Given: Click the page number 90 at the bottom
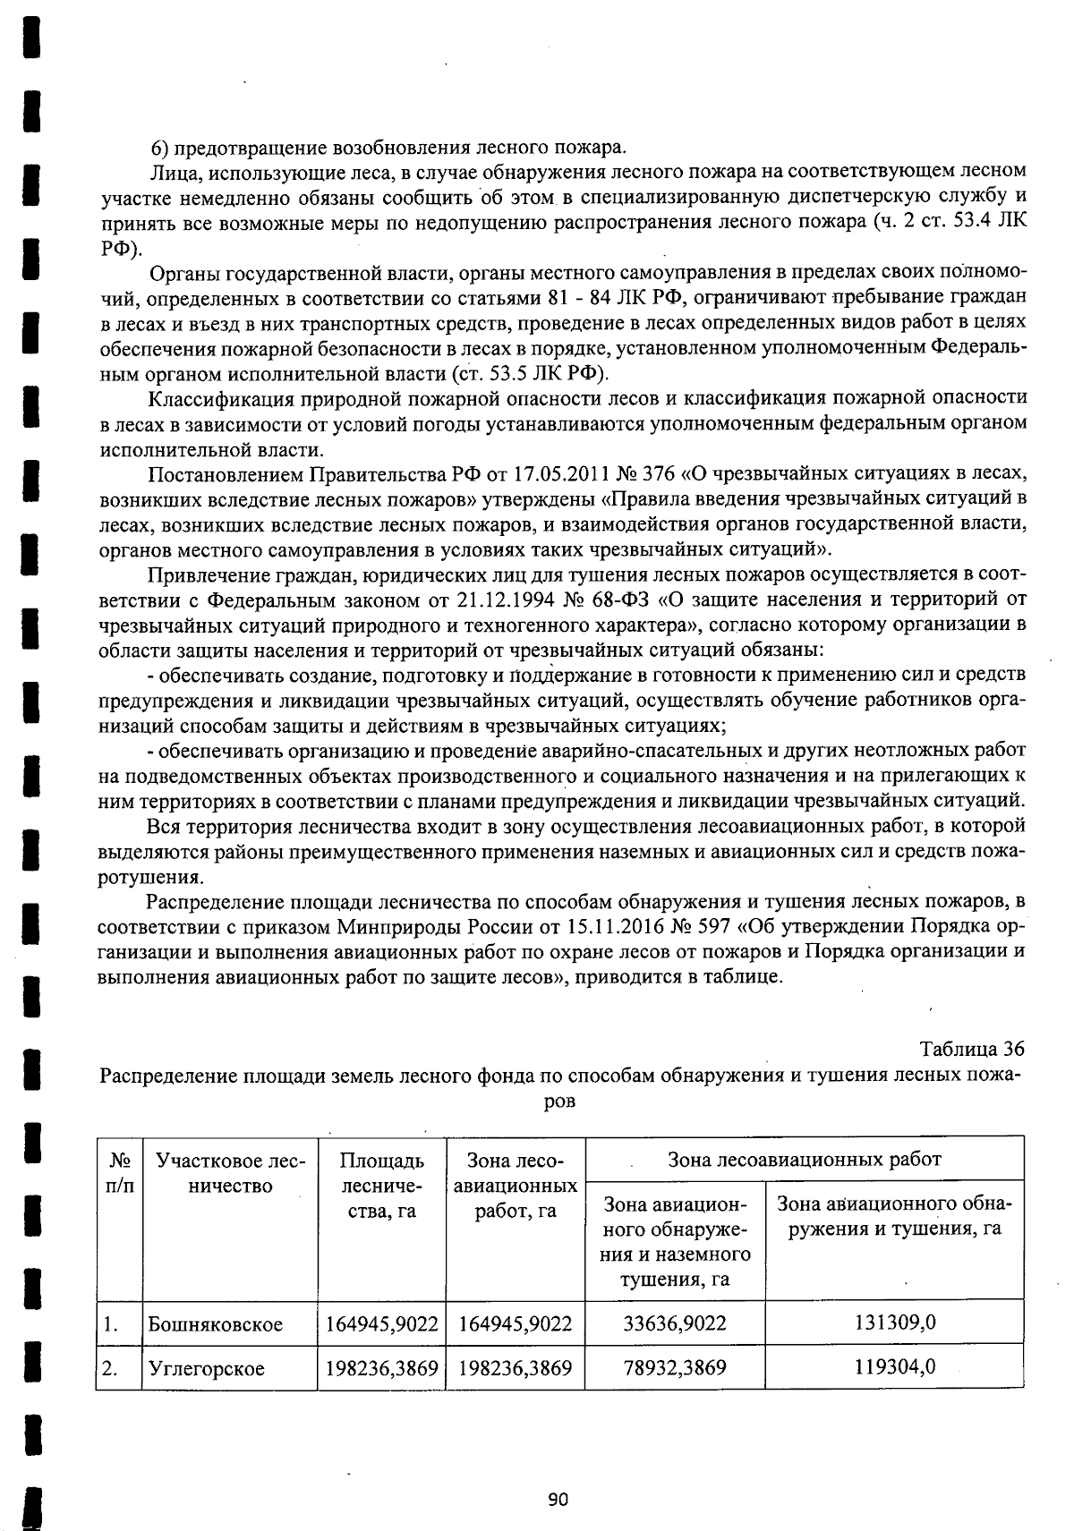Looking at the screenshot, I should (x=558, y=1500).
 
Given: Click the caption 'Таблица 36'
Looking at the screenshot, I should (x=971, y=1049).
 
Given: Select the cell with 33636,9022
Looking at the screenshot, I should (x=675, y=1323).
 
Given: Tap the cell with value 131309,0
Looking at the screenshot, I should (x=894, y=1323).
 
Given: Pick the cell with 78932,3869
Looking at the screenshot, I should (x=675, y=1367).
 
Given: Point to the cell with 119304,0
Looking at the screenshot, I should (x=894, y=1366).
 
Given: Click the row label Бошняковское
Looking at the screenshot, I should (x=215, y=1324).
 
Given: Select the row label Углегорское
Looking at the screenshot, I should (x=206, y=1368).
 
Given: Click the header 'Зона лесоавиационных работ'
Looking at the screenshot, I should (x=804, y=1160).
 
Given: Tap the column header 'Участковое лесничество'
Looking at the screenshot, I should (x=230, y=1173).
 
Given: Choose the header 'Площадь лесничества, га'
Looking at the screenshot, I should (x=381, y=1186).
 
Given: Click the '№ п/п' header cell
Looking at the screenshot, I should (x=119, y=1173).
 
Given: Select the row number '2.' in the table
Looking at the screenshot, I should (x=110, y=1368).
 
